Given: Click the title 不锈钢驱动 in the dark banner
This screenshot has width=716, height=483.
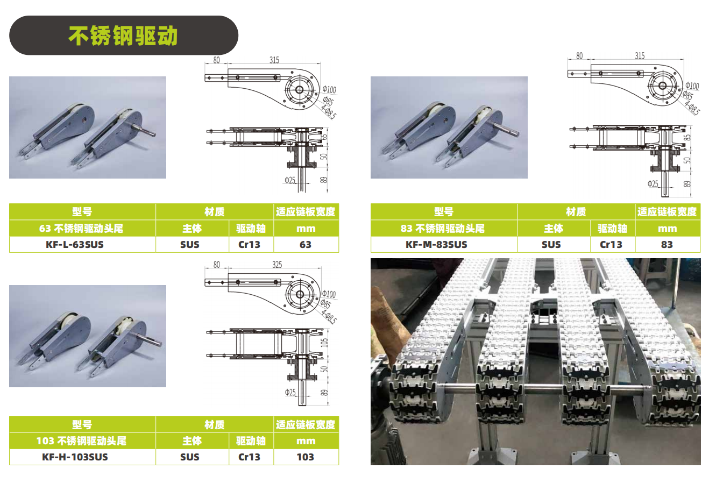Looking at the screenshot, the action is tap(123, 35).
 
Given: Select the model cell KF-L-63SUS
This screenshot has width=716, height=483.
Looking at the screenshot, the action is tap(75, 245).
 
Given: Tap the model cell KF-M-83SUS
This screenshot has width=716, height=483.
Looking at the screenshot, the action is tap(436, 245).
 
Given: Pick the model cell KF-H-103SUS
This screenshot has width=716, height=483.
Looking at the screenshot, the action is tap(75, 457).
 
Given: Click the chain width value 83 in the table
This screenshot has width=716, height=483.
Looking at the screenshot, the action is tap(667, 245).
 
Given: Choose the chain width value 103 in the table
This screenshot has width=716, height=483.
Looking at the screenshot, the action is tap(305, 457).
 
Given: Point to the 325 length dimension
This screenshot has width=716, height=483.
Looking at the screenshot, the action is tap(277, 265).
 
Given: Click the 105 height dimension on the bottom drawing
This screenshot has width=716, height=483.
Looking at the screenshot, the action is tap(324, 343).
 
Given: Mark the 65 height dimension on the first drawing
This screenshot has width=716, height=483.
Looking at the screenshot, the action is tap(324, 137).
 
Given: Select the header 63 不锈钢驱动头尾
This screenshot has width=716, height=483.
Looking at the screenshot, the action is tap(81, 228).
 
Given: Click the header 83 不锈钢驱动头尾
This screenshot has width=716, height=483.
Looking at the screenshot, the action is tap(442, 228).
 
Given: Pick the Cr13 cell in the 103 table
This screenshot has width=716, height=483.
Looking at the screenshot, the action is tap(249, 457).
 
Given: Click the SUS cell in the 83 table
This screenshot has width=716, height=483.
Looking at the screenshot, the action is tap(551, 245).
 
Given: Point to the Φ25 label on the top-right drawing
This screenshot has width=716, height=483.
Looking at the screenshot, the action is tap(653, 184).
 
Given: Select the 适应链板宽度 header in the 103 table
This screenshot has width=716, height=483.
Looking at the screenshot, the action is tap(306, 424).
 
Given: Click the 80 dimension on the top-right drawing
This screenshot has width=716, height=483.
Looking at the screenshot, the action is tap(579, 56).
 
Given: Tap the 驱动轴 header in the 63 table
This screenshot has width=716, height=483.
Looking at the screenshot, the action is tap(251, 228).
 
